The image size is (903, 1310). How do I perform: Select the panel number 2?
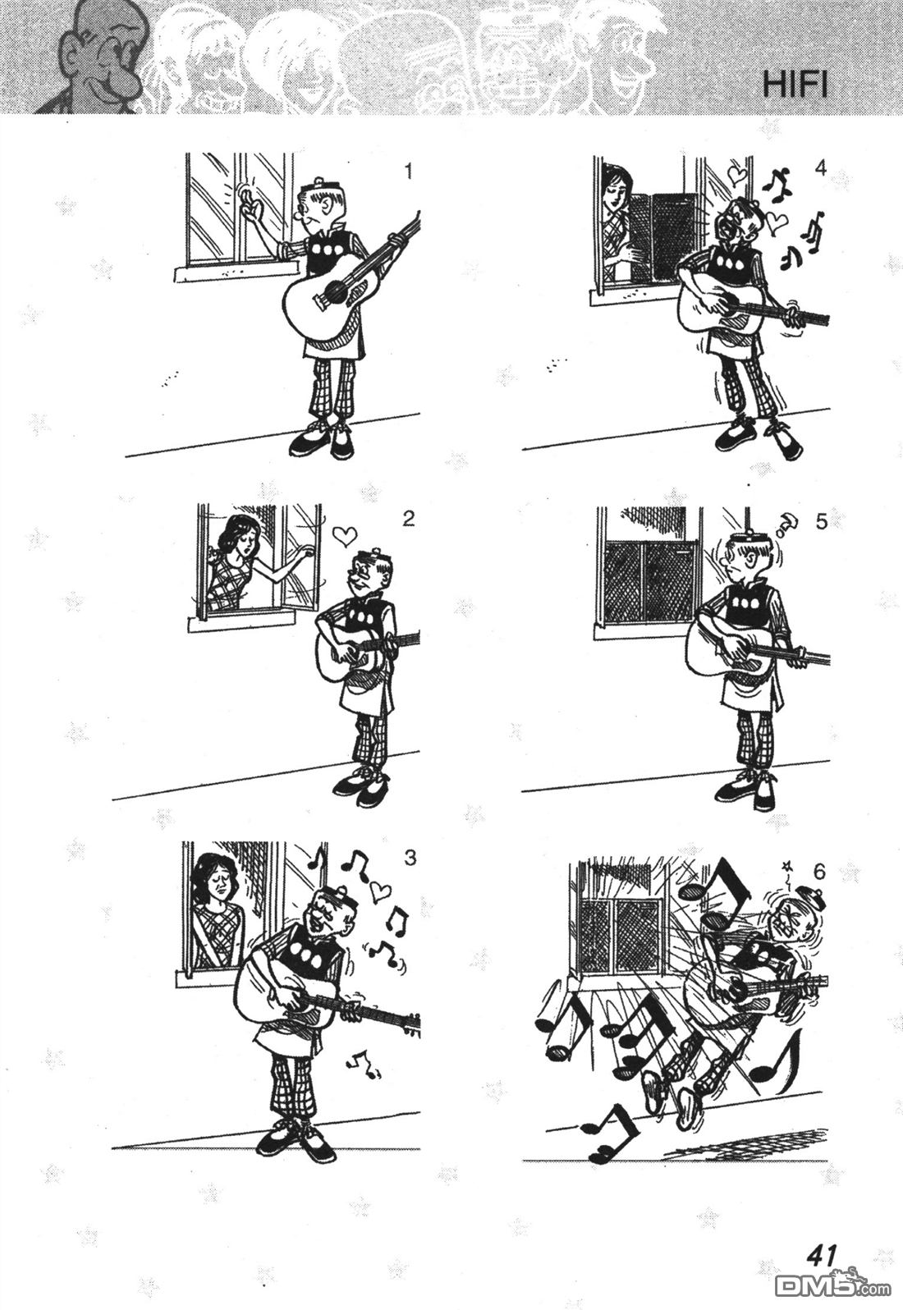tap(409, 518)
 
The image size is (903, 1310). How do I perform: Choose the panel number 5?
tap(822, 522)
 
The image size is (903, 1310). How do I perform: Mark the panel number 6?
tap(818, 872)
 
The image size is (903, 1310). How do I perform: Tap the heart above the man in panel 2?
tap(345, 534)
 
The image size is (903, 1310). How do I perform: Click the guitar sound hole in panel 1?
tap(336, 290)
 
